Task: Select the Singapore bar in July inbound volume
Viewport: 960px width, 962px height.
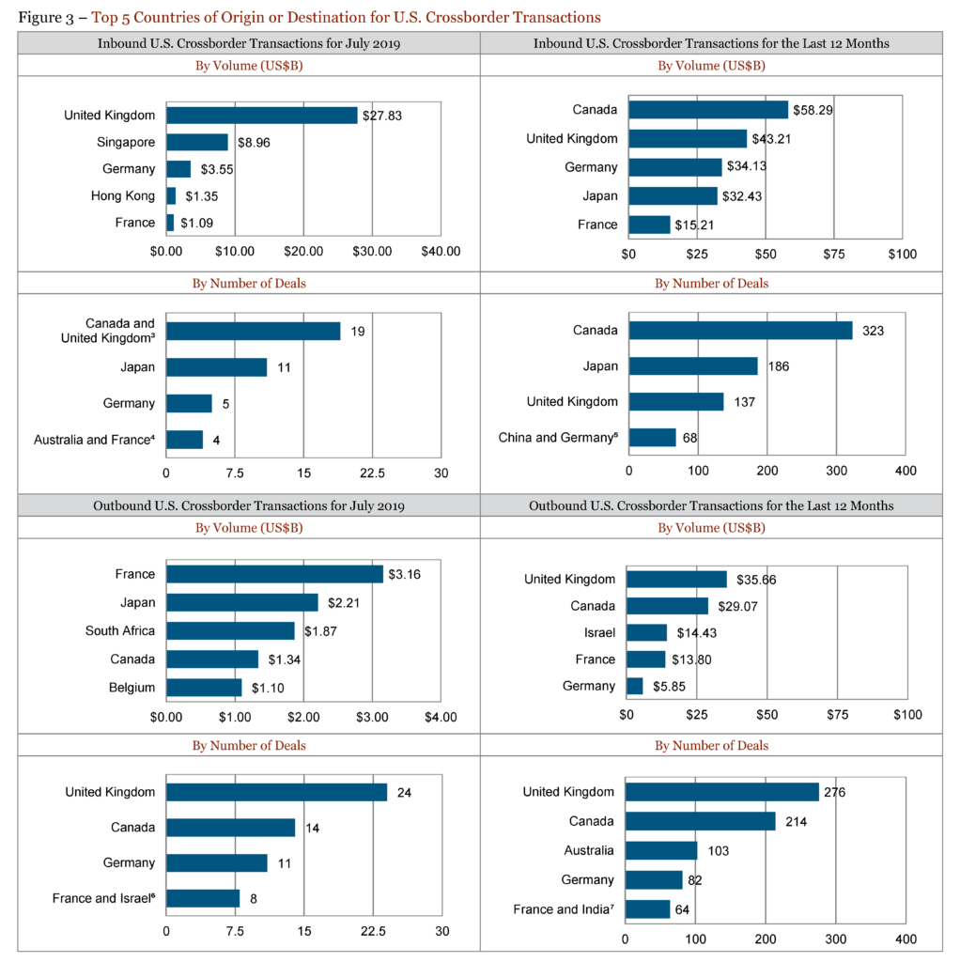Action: pos(197,142)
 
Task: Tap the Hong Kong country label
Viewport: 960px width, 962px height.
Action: pos(123,195)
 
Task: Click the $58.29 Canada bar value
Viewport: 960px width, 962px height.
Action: pos(813,110)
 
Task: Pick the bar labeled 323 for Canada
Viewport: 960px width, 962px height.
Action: pos(740,331)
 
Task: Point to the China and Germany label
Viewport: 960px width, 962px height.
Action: pos(558,437)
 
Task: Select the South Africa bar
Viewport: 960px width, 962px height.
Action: pos(230,630)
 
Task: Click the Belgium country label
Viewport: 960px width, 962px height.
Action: pos(132,688)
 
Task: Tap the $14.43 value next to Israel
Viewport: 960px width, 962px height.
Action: pos(696,632)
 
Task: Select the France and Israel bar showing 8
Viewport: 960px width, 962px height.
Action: pos(203,898)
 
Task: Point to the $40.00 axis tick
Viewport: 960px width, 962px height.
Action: pos(441,251)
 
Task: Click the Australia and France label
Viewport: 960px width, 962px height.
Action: pos(94,439)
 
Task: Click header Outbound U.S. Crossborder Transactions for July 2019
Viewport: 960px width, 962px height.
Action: pos(249,505)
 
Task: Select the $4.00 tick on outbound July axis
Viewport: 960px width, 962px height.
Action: pos(441,717)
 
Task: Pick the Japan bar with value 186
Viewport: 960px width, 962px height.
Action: pos(692,366)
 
